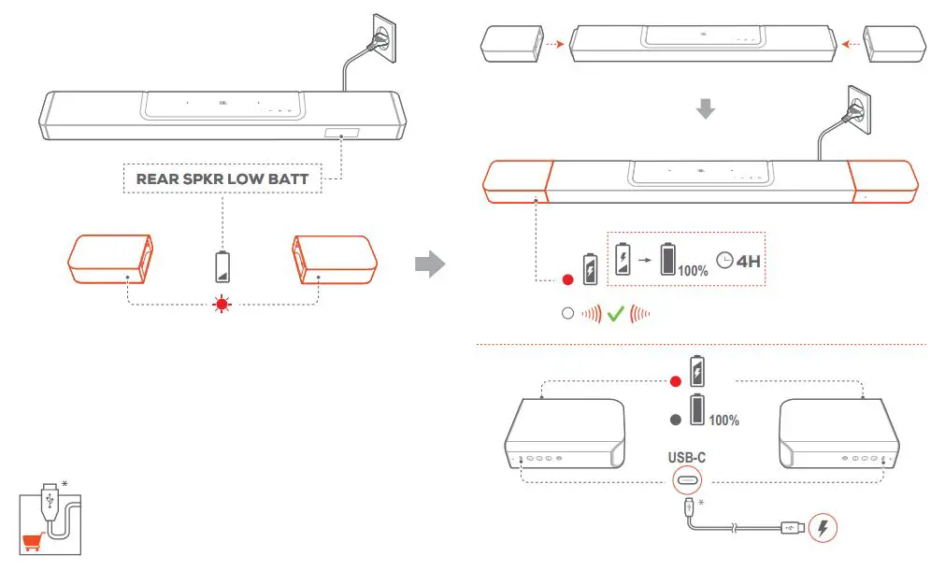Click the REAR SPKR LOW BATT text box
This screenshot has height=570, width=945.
[222, 178]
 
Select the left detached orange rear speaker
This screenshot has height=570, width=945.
[110, 260]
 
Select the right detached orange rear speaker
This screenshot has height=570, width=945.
[335, 260]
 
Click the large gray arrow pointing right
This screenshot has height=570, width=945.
[429, 264]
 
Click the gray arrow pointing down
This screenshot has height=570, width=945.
[706, 109]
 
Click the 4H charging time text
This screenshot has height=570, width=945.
[748, 261]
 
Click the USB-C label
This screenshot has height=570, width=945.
[685, 458]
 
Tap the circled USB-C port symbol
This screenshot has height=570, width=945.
[685, 481]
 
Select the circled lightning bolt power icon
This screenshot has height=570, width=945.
[822, 528]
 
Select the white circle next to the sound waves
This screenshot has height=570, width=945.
[567, 315]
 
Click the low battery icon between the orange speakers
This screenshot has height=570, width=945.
[222, 266]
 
